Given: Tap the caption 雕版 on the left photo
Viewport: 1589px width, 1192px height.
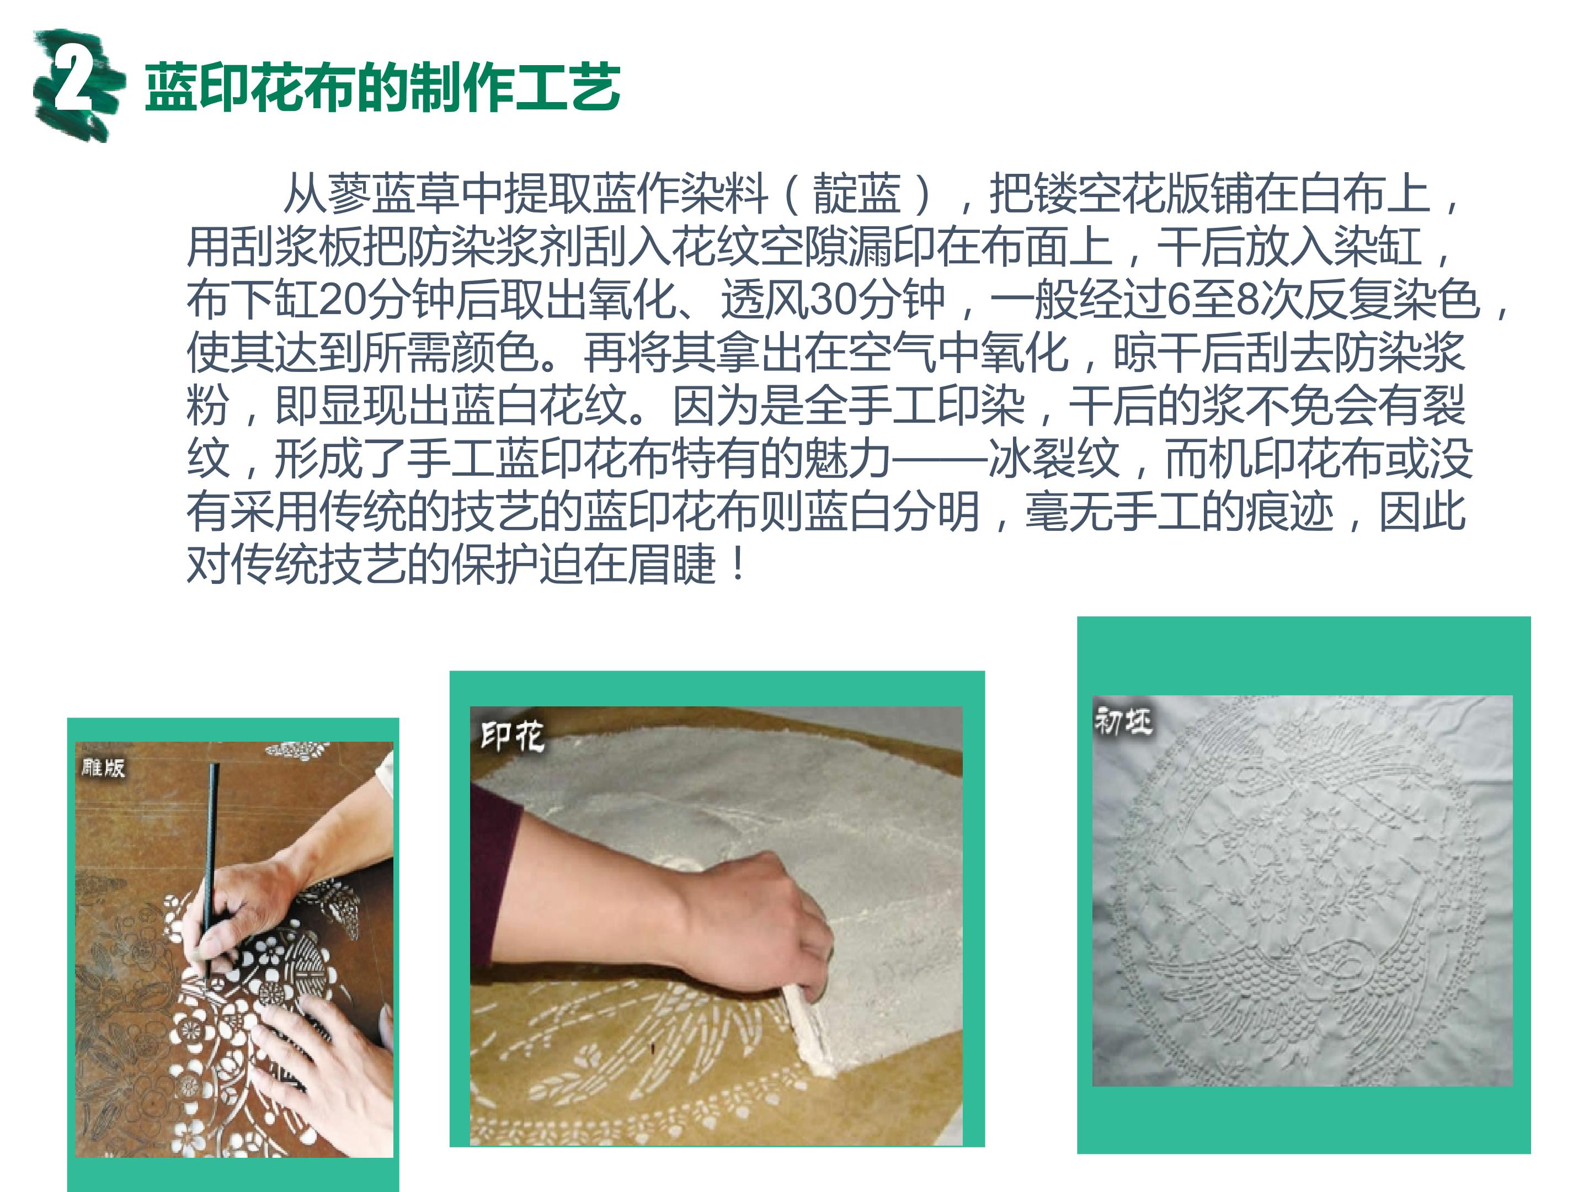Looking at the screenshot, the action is pyautogui.click(x=103, y=768).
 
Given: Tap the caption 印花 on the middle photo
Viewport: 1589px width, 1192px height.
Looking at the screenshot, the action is pyautogui.click(x=511, y=737).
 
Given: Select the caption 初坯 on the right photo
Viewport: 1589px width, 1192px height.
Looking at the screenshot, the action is pyautogui.click(x=1123, y=720).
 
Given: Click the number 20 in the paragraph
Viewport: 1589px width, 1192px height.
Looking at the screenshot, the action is pyautogui.click(x=341, y=300).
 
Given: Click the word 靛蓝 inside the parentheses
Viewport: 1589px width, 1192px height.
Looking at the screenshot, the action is pyautogui.click(x=856, y=194).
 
